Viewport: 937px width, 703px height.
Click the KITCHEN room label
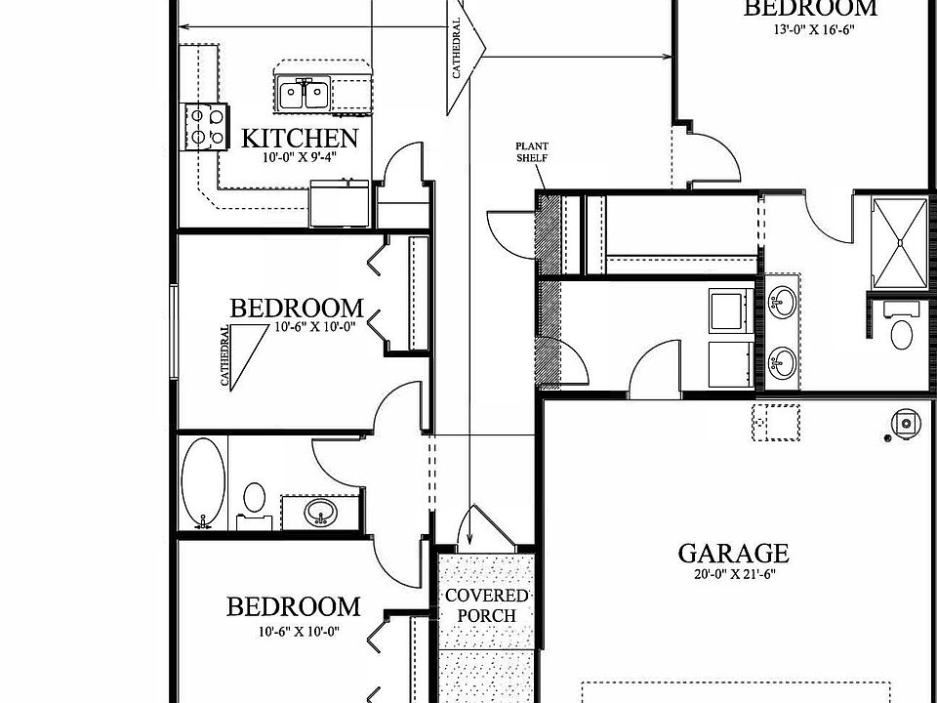point(300,138)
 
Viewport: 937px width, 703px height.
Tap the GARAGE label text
point(733,554)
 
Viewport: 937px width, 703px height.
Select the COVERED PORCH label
point(487,605)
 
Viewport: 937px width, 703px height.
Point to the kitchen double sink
point(304,95)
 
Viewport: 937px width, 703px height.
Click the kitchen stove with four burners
point(202,126)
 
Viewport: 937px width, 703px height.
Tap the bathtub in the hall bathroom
point(203,480)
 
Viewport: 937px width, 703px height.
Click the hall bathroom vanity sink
point(319,511)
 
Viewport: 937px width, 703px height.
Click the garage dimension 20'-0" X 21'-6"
point(733,575)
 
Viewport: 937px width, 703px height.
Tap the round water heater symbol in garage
point(907,424)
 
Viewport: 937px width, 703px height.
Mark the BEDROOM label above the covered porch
point(293,607)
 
